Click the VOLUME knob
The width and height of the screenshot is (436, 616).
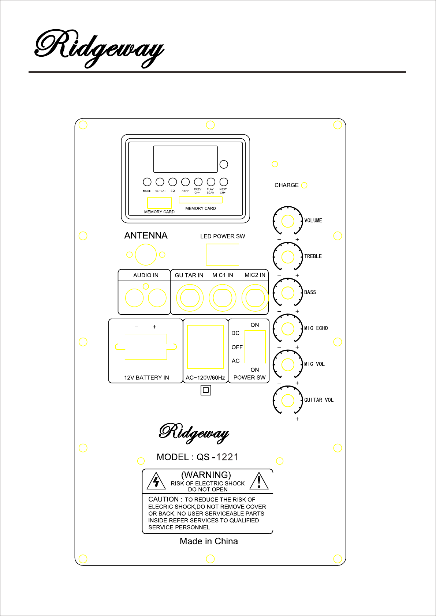pyautogui.click(x=288, y=221)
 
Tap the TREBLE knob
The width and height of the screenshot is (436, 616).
pyautogui.click(x=288, y=257)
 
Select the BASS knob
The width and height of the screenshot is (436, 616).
pyautogui.click(x=288, y=293)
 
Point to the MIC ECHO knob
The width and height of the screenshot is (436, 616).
pyautogui.click(x=288, y=328)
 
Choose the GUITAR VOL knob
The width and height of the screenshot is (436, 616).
pyautogui.click(x=288, y=401)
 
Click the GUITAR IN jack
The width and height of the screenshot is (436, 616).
pyautogui.click(x=190, y=298)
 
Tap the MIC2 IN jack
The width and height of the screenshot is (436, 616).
pyautogui.click(x=255, y=298)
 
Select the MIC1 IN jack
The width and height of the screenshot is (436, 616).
pyautogui.click(x=223, y=298)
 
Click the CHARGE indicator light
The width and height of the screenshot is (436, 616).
pyautogui.click(x=304, y=185)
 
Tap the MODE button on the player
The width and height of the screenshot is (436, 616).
pyautogui.click(x=147, y=182)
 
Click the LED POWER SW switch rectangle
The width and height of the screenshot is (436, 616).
pyautogui.click(x=223, y=254)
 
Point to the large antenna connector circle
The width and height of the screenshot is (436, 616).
pyautogui.click(x=146, y=255)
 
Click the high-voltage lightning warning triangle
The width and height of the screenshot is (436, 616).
pyautogui.click(x=156, y=481)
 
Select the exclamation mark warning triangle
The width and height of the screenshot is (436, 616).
pyautogui.click(x=259, y=481)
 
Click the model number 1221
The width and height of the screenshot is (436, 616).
pyautogui.click(x=227, y=457)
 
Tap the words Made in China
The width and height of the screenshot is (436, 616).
pyautogui.click(x=209, y=541)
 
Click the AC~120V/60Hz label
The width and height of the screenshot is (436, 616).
pyautogui.click(x=205, y=378)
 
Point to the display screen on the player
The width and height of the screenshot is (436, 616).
pyautogui.click(x=185, y=159)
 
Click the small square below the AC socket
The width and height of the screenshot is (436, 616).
pyautogui.click(x=206, y=390)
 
